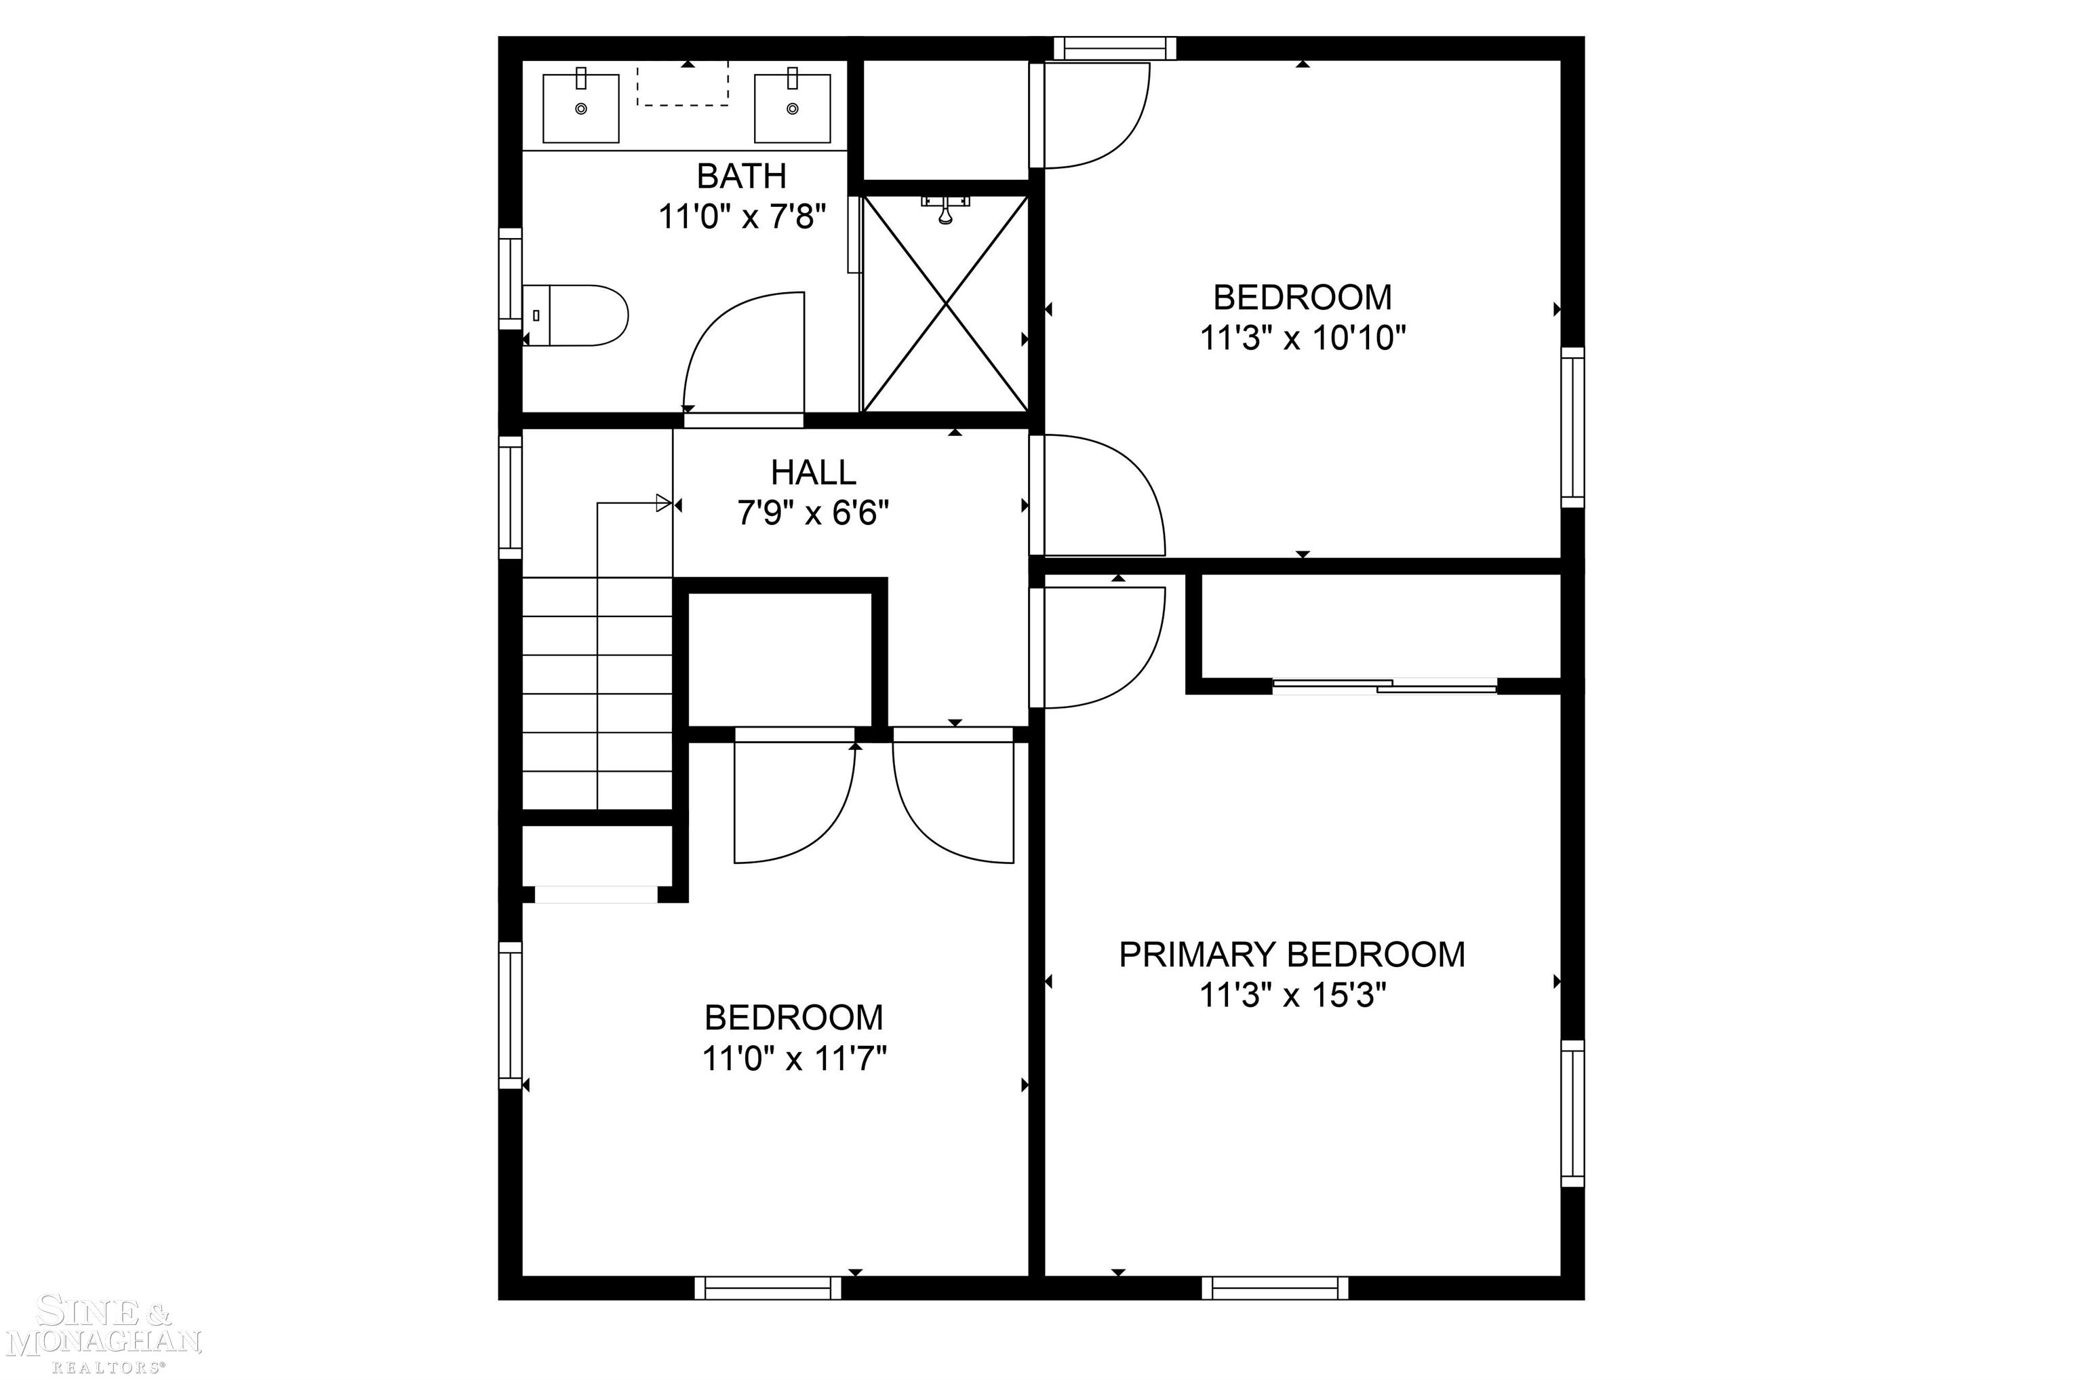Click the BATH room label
741,177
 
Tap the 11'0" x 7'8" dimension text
742,216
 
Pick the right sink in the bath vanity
792,109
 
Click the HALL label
813,473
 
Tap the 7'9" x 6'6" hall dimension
813,512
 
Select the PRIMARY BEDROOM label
1292,955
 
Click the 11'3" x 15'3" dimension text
1292,995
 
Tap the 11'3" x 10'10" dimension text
1303,337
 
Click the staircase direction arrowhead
664,503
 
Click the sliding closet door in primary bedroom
1385,685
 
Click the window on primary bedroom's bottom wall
1274,1288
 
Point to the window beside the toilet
511,278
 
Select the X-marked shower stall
945,304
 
